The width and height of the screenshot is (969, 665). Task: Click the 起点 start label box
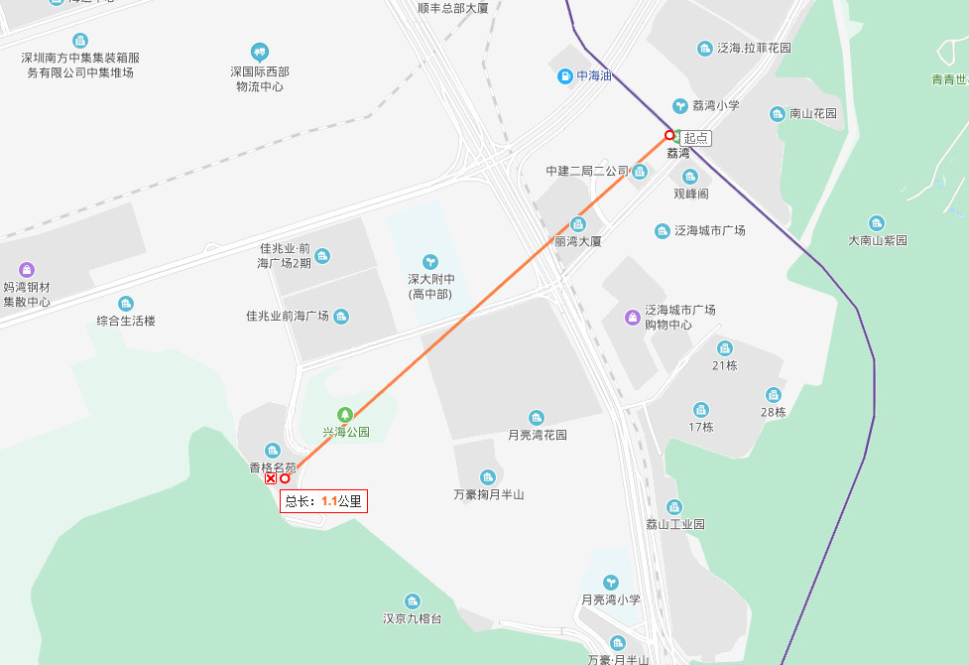pyautogui.click(x=696, y=138)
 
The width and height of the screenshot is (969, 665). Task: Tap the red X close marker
pyautogui.click(x=271, y=478)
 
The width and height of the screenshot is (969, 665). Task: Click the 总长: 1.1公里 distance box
pyautogui.click(x=323, y=501)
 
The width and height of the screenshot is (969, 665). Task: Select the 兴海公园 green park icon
pyautogui.click(x=345, y=414)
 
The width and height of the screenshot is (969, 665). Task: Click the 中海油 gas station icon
pyautogui.click(x=564, y=75)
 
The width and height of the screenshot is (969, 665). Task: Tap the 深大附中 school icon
pyautogui.click(x=430, y=261)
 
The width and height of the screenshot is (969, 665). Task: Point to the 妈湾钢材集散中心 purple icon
pyautogui.click(x=27, y=269)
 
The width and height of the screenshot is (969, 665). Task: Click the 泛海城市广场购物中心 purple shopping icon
pyautogui.click(x=632, y=317)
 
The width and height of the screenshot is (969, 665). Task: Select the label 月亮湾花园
pyautogui.click(x=538, y=435)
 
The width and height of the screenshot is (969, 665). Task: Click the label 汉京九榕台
pyautogui.click(x=413, y=618)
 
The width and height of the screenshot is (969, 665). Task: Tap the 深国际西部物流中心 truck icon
pyautogui.click(x=260, y=52)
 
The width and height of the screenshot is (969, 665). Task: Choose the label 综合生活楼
pyautogui.click(x=126, y=321)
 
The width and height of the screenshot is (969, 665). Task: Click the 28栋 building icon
pyautogui.click(x=774, y=395)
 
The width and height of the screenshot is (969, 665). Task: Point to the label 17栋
pyautogui.click(x=701, y=427)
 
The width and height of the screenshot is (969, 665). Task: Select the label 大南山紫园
pyautogui.click(x=878, y=240)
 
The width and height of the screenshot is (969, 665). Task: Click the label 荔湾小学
pyautogui.click(x=715, y=105)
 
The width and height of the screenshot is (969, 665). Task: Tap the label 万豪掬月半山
pyautogui.click(x=488, y=494)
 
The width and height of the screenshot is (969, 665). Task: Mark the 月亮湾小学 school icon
pyautogui.click(x=611, y=582)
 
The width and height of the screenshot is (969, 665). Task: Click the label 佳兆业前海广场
pyautogui.click(x=288, y=317)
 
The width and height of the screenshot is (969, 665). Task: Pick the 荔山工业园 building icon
pyautogui.click(x=674, y=507)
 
